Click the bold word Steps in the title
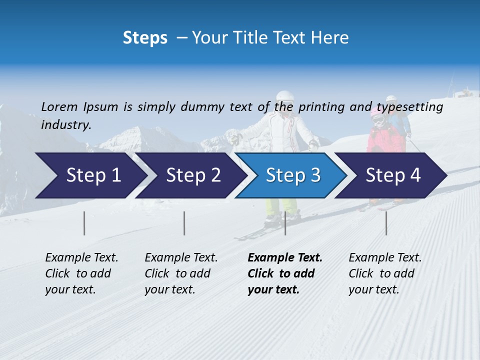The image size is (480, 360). (x=145, y=37)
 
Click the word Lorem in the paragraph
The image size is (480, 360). (x=59, y=106)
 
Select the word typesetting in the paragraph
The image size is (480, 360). (x=409, y=107)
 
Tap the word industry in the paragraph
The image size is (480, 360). (x=66, y=124)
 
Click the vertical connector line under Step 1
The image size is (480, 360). (x=84, y=223)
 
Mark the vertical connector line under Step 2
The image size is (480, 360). (x=184, y=223)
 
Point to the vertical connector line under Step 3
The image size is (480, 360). (x=285, y=223)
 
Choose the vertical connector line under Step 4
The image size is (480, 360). (x=386, y=223)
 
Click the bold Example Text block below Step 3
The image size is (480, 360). (x=284, y=273)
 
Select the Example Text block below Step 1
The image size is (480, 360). (x=81, y=273)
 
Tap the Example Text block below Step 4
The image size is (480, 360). (x=385, y=273)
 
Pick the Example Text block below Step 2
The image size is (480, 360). (x=181, y=273)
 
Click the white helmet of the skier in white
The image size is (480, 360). (x=284, y=97)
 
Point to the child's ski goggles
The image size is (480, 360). (x=378, y=119)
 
